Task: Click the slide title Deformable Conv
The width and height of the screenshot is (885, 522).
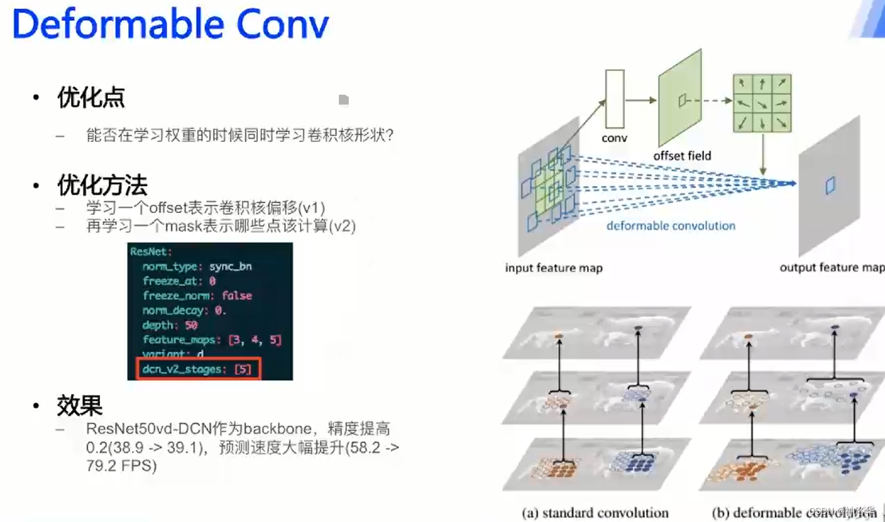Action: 170,25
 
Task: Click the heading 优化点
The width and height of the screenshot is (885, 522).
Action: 91,99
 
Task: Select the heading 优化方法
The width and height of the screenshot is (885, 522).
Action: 102,186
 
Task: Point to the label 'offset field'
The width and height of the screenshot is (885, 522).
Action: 682,156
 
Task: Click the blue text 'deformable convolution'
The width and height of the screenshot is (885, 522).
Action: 670,225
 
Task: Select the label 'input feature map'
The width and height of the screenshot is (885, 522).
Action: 553,268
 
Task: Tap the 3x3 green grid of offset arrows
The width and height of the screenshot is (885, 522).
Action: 761,103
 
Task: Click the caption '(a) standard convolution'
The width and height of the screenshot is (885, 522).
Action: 595,513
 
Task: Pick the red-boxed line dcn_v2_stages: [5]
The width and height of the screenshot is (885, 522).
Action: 197,369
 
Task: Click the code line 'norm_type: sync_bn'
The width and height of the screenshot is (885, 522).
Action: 197,266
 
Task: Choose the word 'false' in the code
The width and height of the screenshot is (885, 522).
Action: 237,296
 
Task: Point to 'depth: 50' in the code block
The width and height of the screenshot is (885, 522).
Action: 170,325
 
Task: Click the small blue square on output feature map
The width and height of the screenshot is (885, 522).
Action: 830,186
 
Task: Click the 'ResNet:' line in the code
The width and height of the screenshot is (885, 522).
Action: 151,252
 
